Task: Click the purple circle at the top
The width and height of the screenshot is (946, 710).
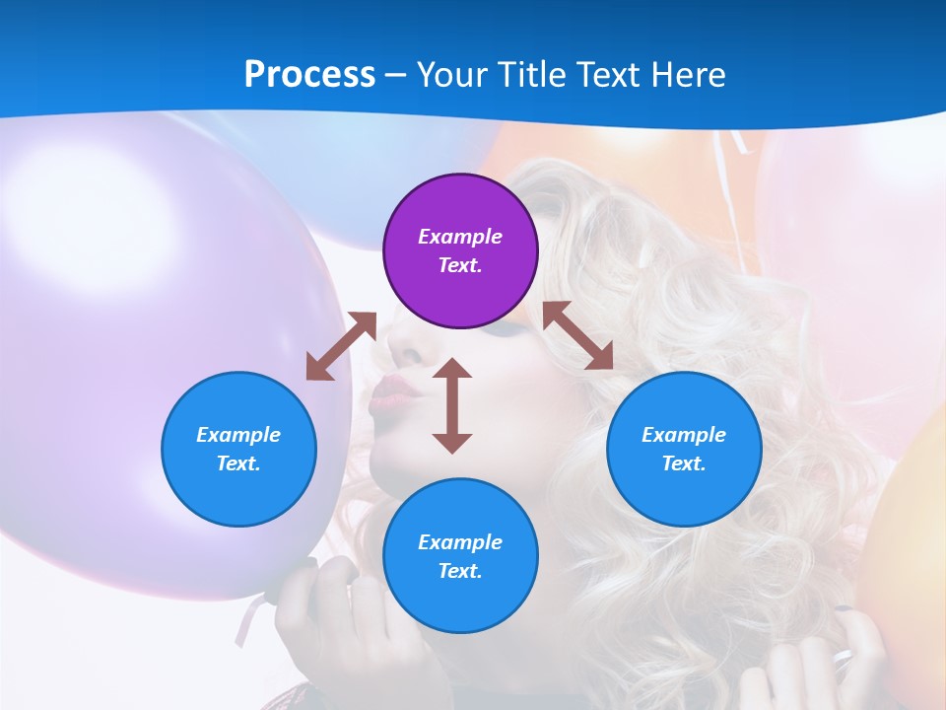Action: [460, 250]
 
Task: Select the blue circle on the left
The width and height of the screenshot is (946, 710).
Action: [238, 449]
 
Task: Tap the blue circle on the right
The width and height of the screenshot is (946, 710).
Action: [684, 449]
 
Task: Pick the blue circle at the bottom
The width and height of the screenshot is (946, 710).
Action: [460, 556]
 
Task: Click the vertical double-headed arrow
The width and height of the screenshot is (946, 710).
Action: [452, 405]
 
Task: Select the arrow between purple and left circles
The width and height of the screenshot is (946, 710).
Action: [341, 346]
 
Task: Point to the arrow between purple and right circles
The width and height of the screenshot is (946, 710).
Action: [578, 335]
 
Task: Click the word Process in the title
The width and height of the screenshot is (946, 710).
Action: [309, 74]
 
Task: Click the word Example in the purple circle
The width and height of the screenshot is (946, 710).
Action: [460, 237]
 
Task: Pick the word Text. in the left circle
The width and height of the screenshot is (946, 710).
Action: [238, 463]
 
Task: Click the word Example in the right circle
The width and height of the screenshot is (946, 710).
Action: [684, 435]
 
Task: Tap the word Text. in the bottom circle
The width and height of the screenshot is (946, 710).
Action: [460, 571]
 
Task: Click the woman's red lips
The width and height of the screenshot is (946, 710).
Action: [394, 391]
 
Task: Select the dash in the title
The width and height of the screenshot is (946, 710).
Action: [396, 75]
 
